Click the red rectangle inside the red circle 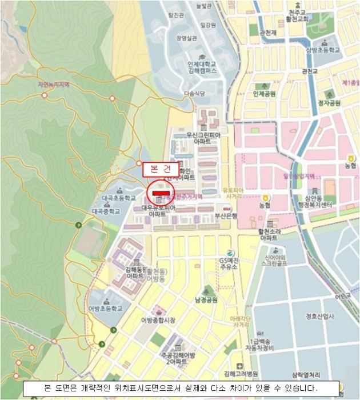tap(161, 193)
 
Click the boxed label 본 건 tap(157, 169)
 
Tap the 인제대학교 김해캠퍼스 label tap(202, 68)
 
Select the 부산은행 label tap(226, 215)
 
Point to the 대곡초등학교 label tap(119, 198)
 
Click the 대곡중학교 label tap(106, 211)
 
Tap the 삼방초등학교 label tap(323, 50)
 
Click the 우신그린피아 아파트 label tap(203, 138)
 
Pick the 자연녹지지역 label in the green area tap(54, 85)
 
